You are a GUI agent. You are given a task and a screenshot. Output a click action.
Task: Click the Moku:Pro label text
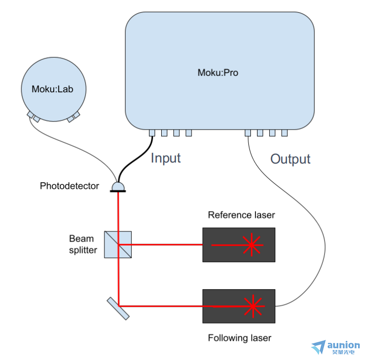click(x=218, y=72)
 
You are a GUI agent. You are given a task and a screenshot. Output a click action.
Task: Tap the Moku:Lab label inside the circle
click(x=53, y=89)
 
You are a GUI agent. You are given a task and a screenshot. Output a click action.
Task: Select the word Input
click(x=166, y=158)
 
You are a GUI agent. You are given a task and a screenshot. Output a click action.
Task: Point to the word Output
click(x=290, y=159)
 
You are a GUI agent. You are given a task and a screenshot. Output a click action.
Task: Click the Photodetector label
click(x=69, y=186)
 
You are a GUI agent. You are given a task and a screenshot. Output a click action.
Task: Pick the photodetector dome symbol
click(x=118, y=187)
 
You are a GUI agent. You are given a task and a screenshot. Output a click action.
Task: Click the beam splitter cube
click(x=118, y=245)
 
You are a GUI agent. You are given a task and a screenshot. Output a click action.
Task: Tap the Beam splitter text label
click(x=83, y=244)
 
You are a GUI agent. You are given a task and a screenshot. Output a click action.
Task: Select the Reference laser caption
click(x=241, y=215)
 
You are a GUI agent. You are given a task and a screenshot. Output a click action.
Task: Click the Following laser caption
click(x=239, y=338)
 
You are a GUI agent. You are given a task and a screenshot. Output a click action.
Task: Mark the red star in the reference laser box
click(x=251, y=245)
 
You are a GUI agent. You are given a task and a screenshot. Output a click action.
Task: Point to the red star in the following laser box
click(x=253, y=306)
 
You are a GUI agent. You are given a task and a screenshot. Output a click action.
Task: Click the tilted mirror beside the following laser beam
click(x=118, y=308)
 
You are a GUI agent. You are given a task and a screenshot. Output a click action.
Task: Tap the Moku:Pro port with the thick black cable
click(x=152, y=133)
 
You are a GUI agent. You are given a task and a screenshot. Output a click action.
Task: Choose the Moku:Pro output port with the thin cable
click(x=248, y=133)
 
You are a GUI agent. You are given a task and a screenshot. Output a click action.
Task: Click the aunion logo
click(x=335, y=347)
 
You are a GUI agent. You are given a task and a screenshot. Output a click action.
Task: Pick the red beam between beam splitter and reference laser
click(x=161, y=245)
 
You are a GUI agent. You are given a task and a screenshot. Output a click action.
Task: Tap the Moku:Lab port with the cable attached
click(x=30, y=114)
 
